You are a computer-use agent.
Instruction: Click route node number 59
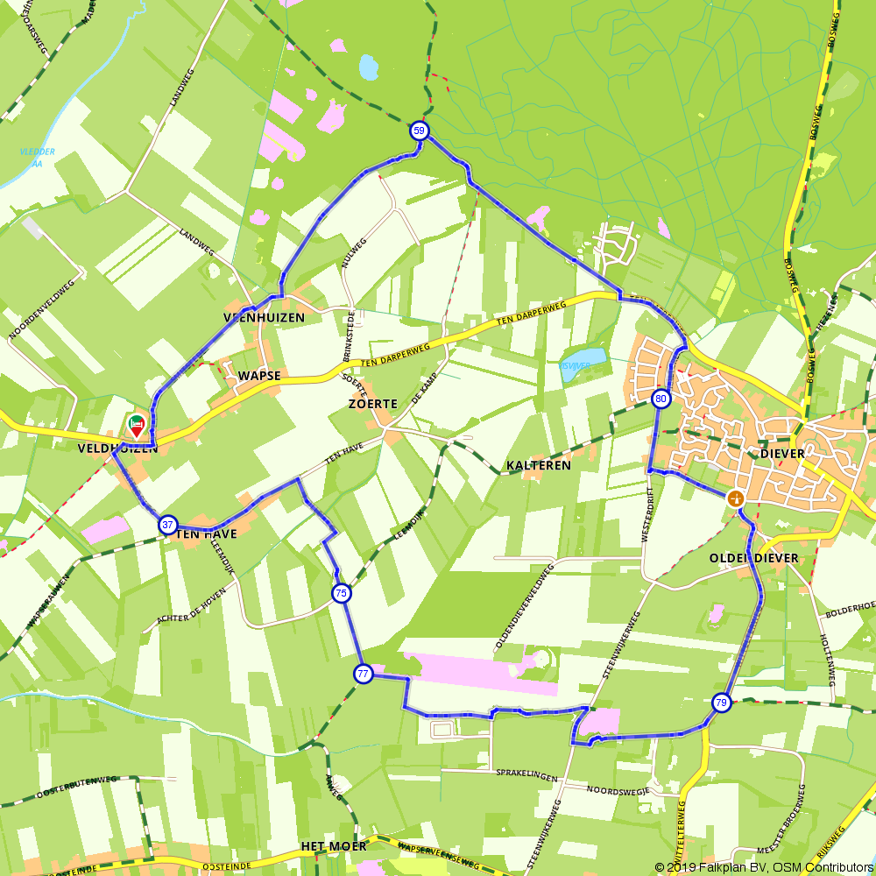coord(420,131)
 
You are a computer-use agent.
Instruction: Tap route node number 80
coord(661,399)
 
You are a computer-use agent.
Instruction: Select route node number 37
coord(167,525)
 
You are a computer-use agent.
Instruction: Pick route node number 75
coord(341,593)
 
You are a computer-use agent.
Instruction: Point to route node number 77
coord(364,674)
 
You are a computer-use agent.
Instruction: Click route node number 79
coord(720,703)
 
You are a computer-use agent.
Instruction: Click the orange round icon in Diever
coord(735,498)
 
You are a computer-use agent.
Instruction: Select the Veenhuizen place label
coord(264,318)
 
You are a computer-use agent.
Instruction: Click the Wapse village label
coord(258,376)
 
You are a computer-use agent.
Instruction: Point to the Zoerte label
coord(372,404)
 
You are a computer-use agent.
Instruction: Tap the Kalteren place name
coord(538,465)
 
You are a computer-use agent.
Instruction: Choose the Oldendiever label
coord(754,558)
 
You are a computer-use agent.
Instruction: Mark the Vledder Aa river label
coord(37,157)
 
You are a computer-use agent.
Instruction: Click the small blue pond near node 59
coord(368,67)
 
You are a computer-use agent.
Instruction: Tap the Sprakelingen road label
coord(527,774)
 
